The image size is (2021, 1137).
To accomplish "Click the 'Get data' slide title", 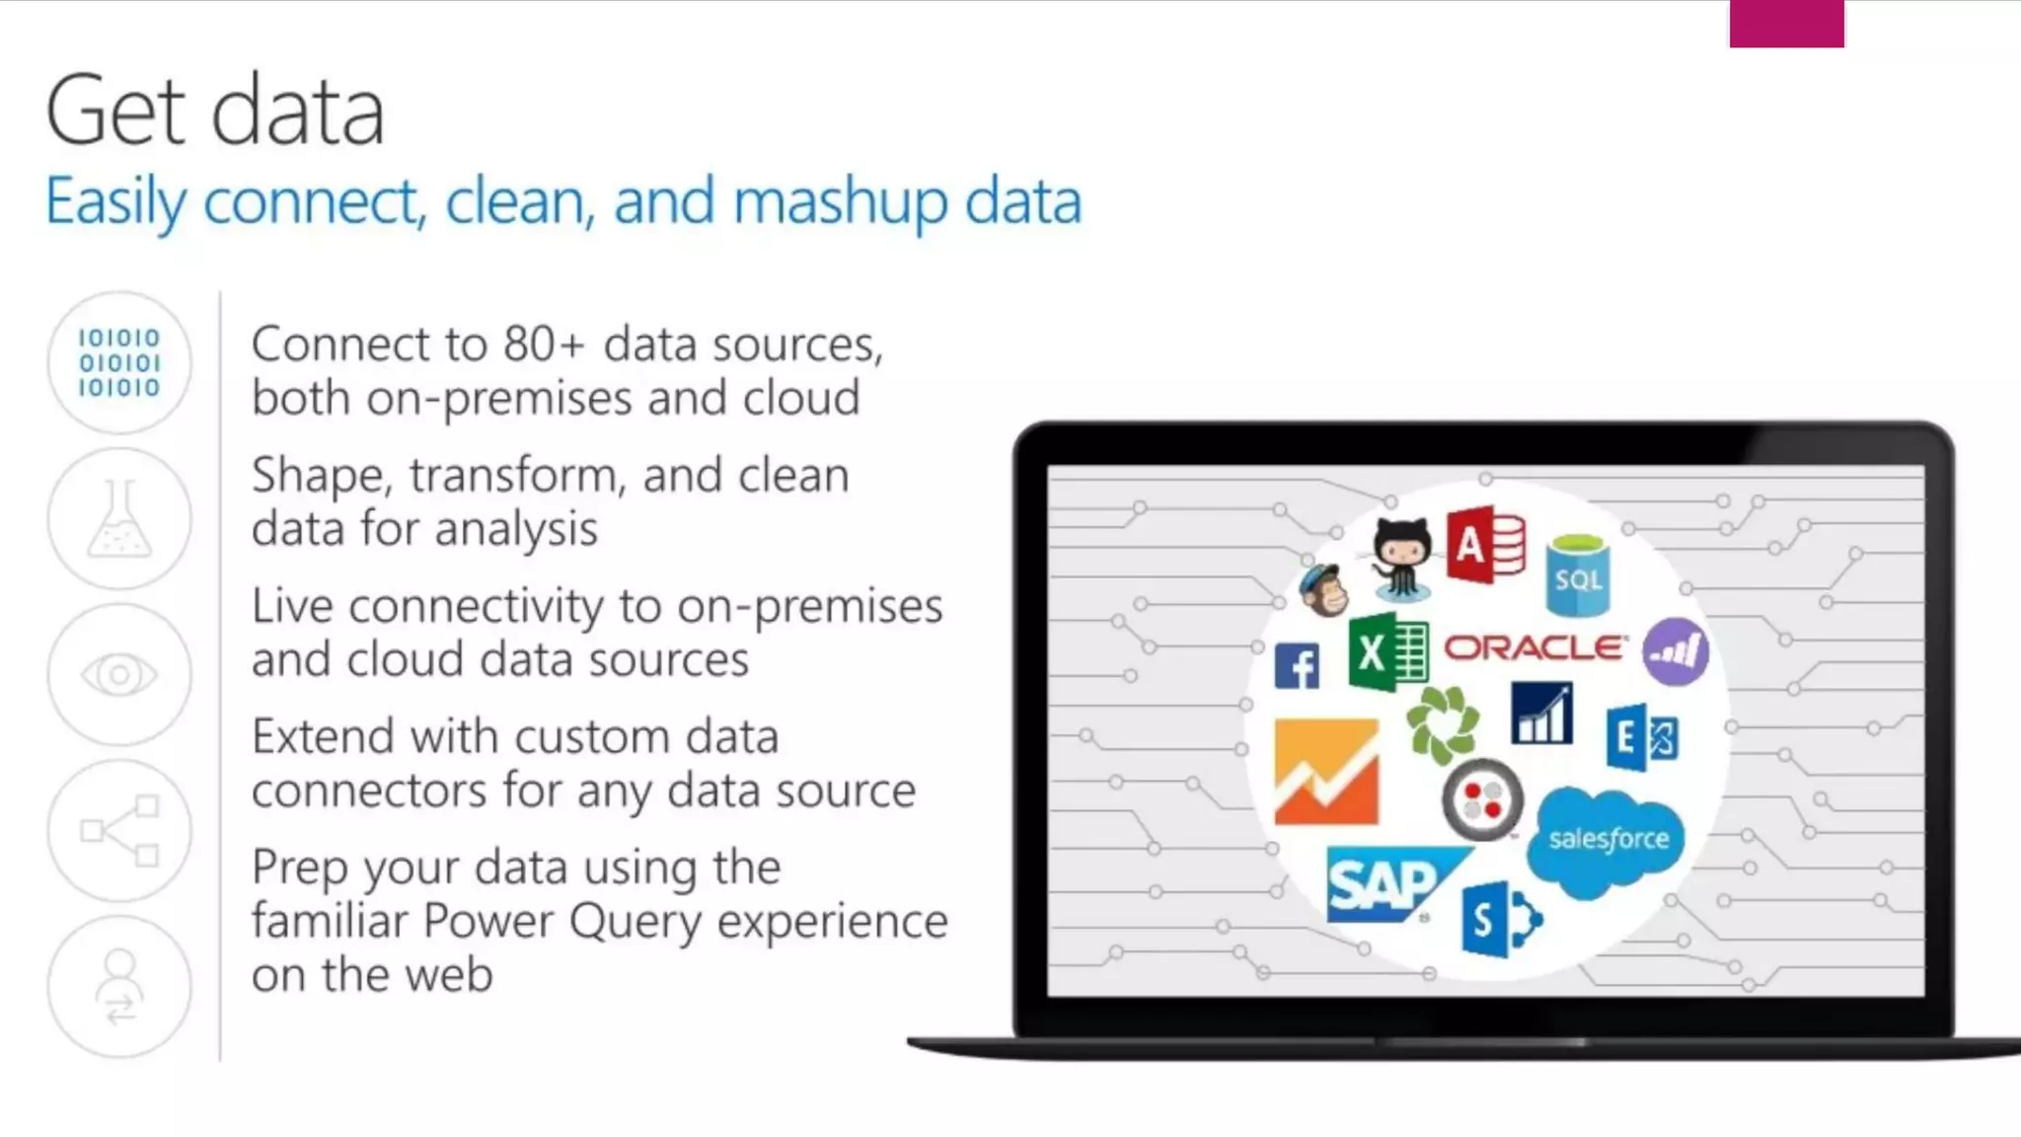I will coord(215,111).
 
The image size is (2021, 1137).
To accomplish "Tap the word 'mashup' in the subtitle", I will coord(841,202).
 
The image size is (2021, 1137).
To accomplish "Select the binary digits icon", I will coord(119,362).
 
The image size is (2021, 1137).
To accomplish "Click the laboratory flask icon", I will coord(119,519).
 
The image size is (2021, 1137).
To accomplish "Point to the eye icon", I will coord(119,675).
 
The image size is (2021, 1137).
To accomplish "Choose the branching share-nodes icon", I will coord(119,830).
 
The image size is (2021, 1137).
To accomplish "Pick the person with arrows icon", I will coord(119,987).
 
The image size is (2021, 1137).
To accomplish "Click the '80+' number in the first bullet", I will coord(544,345).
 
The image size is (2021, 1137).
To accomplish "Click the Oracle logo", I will coord(1534,647).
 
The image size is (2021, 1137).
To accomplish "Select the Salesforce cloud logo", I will coord(1606,841).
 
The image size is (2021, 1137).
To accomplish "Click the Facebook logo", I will coord(1297,666).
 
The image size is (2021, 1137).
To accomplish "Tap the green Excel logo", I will coord(1387,651).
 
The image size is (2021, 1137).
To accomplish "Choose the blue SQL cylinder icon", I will coord(1577,574).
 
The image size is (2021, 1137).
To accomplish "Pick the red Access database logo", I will coord(1486,545).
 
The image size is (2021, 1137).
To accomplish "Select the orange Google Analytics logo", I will coord(1326,772).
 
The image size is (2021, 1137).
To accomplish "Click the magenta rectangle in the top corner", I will coord(1786,23).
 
